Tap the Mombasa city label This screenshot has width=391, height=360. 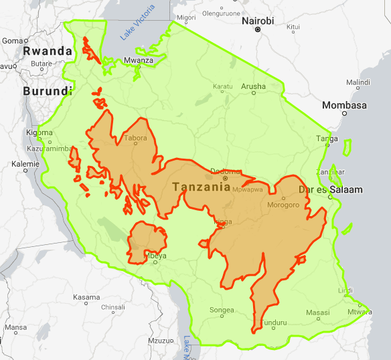click(x=344, y=106)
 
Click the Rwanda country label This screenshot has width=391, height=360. click(x=47, y=51)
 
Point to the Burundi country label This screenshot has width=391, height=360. click(x=47, y=91)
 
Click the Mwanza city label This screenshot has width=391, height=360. click(x=139, y=61)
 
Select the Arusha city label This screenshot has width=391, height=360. click(x=253, y=86)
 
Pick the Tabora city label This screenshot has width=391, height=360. click(x=135, y=139)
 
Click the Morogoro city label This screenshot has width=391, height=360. click(x=283, y=205)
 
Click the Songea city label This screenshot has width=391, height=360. click(x=222, y=310)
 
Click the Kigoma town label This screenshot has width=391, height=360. click(x=39, y=132)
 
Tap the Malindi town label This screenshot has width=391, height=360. click(x=358, y=82)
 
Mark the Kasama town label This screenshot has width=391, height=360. click(x=86, y=296)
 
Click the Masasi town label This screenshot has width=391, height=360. click(x=317, y=312)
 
